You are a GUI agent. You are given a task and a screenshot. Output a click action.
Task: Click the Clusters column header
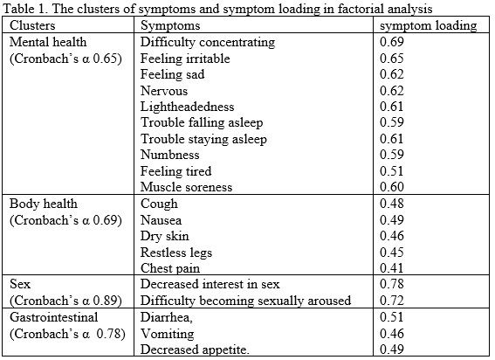pyautogui.click(x=32, y=25)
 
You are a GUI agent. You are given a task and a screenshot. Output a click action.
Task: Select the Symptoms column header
pyautogui.click(x=170, y=25)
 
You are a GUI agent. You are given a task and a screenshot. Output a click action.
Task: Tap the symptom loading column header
pyautogui.click(x=428, y=25)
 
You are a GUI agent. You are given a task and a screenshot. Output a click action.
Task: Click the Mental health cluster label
pyautogui.click(x=48, y=42)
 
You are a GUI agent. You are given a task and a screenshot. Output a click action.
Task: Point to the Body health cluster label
pyautogui.click(x=44, y=204)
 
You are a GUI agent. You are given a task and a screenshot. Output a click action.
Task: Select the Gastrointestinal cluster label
pyautogui.click(x=53, y=317)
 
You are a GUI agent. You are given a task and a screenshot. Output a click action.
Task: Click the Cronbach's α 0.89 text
pyautogui.click(x=65, y=301)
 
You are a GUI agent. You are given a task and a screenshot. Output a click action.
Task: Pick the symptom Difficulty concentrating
pyautogui.click(x=208, y=42)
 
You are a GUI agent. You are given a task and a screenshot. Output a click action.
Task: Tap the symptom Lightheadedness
pyautogui.click(x=187, y=107)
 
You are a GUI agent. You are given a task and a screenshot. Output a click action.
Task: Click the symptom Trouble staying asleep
pyautogui.click(x=203, y=139)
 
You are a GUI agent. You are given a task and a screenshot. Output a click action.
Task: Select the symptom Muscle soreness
pyautogui.click(x=186, y=187)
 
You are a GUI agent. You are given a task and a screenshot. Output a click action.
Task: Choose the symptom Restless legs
pyautogui.click(x=176, y=253)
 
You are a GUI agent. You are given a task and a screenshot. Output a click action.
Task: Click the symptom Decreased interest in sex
pyautogui.click(x=210, y=284)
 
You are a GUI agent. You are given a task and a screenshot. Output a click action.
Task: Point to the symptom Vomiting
pyautogui.click(x=168, y=334)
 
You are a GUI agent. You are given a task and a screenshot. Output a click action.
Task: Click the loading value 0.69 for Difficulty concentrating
pyautogui.click(x=392, y=42)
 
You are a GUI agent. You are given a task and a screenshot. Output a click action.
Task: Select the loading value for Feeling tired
pyautogui.click(x=392, y=171)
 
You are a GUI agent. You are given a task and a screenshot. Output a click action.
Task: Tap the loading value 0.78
pyautogui.click(x=392, y=284)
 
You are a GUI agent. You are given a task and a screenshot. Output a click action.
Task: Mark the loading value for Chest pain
pyautogui.click(x=392, y=268)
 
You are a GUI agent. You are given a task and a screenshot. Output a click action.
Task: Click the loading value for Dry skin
pyautogui.click(x=392, y=236)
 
